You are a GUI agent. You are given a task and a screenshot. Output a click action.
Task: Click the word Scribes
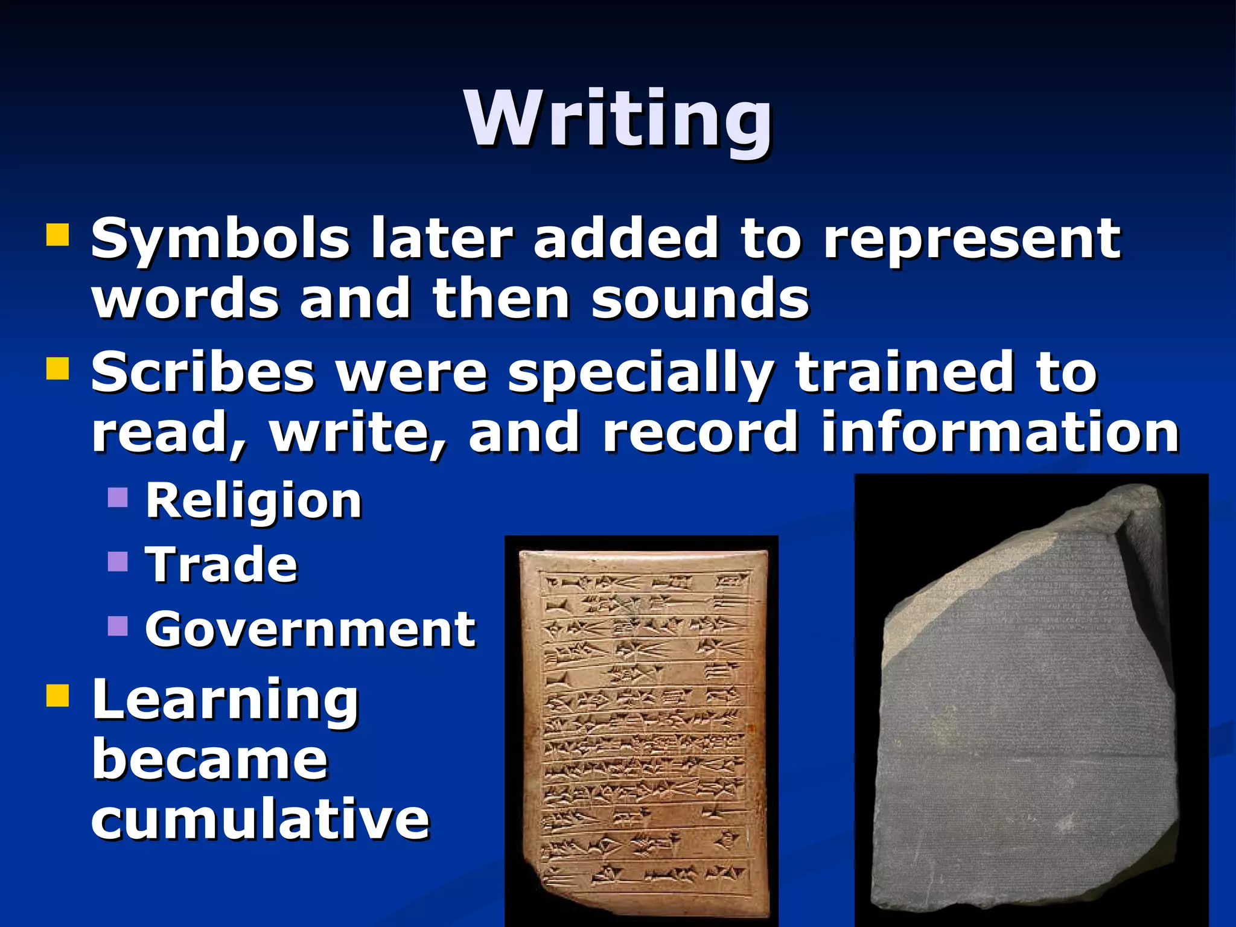pos(203,372)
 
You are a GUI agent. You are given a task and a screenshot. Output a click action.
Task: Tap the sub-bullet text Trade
pos(221,565)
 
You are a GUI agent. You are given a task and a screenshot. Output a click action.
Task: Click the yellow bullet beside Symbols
pos(58,235)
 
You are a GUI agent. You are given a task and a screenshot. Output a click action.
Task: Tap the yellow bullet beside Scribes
pos(58,368)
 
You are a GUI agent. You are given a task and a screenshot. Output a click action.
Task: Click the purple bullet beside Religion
pos(118,497)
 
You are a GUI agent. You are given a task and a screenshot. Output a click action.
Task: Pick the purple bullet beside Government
pos(118,626)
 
